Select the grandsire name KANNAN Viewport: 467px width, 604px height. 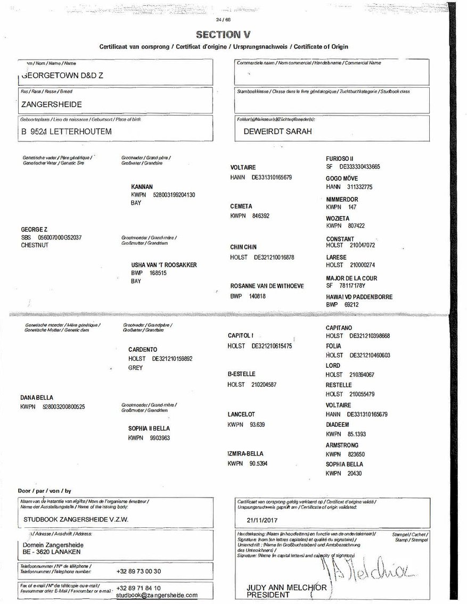coord(142,187)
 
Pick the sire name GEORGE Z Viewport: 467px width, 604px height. coord(34,229)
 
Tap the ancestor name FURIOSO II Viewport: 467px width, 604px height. coord(340,159)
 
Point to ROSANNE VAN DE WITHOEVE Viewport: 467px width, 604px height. coord(267,286)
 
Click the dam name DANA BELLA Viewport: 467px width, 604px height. coord(37,398)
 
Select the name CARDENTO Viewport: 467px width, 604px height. coord(142,350)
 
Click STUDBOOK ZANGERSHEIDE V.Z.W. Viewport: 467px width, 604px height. coord(76,519)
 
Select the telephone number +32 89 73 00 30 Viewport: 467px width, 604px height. coord(138,571)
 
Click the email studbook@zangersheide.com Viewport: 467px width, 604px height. coord(157,595)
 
